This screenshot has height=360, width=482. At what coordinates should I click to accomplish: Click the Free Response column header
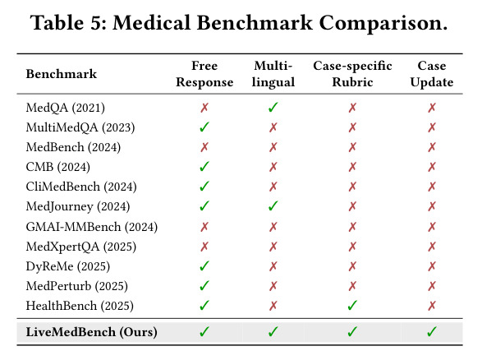pos(204,74)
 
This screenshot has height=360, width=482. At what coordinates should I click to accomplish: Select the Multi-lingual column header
pos(273,74)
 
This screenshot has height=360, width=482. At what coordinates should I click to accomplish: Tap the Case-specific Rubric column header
pos(352,74)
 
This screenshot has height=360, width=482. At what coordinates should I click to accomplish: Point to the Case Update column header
pos(432,74)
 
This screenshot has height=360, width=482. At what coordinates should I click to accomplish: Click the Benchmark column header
pos(62,74)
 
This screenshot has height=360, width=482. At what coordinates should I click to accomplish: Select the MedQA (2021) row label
pos(66,108)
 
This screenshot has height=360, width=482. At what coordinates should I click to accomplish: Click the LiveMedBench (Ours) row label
pos(92,332)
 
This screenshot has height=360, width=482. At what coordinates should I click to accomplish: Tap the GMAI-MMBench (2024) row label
pos(92,227)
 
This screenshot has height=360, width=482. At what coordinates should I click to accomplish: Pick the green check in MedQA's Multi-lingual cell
pos(273,108)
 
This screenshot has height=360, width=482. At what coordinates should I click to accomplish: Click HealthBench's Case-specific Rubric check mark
pos(352,305)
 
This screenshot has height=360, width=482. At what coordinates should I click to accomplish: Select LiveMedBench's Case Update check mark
pos(432,331)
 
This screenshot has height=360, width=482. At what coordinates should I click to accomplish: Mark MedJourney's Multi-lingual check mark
pos(273,205)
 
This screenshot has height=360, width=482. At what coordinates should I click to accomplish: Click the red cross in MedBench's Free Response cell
pos(204,147)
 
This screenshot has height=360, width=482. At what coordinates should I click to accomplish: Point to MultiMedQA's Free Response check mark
pos(204,127)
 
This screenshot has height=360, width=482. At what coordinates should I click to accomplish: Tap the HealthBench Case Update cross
pos(432,306)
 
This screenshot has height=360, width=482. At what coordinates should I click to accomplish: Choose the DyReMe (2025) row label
pos(68,266)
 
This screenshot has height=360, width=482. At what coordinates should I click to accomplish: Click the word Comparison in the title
pos(383,23)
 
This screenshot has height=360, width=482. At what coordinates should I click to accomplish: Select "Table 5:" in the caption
pos(68,23)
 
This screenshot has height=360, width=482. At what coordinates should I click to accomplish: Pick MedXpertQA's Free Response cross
pos(204,247)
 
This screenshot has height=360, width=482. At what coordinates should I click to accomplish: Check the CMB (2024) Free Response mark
pos(204,166)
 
